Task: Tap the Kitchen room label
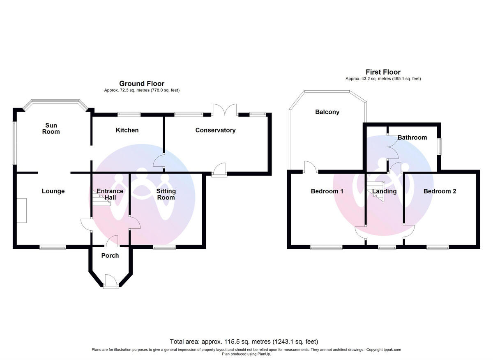click(x=127, y=130)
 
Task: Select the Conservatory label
click(x=215, y=130)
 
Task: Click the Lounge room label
click(x=53, y=191)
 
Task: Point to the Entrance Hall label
click(x=110, y=194)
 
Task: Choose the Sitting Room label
click(x=166, y=194)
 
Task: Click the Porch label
click(x=110, y=255)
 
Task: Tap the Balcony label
click(x=327, y=112)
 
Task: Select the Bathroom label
click(x=412, y=138)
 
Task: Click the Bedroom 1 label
click(x=327, y=191)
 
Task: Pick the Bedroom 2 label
click(x=440, y=191)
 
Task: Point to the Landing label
click(x=384, y=191)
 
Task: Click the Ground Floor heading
click(x=142, y=84)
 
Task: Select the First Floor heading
click(x=383, y=72)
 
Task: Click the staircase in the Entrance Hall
click(x=98, y=201)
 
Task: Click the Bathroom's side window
click(x=439, y=147)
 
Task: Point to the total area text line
click(x=244, y=342)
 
